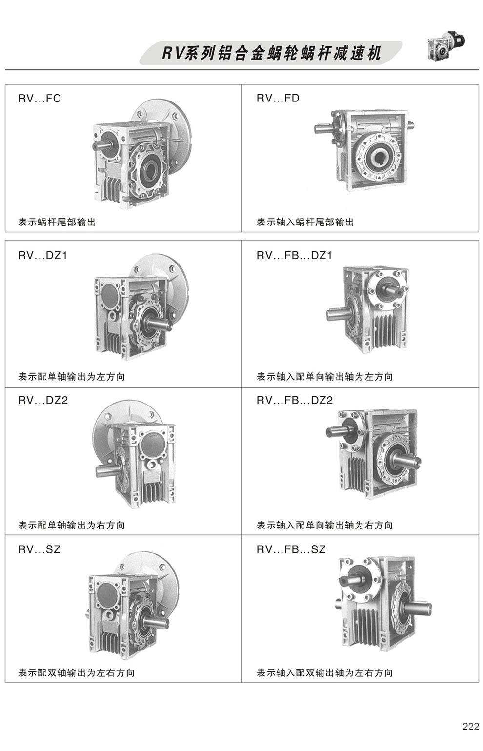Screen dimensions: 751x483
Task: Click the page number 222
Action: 470,726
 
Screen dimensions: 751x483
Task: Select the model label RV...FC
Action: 40,99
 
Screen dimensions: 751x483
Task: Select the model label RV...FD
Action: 278,99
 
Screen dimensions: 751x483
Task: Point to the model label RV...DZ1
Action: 43,255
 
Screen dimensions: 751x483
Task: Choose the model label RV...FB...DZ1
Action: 294,255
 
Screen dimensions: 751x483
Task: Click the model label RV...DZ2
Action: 43,401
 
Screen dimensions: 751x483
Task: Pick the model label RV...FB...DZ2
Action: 295,401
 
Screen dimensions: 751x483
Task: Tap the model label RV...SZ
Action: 40,549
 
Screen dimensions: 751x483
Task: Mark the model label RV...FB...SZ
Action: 291,549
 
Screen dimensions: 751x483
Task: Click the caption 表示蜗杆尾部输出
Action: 57,223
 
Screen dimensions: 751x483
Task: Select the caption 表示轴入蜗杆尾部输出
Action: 305,223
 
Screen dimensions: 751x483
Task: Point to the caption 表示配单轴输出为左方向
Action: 72,377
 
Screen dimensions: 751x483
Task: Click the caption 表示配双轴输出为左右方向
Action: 77,673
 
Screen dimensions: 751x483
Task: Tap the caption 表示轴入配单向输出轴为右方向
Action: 324,526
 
